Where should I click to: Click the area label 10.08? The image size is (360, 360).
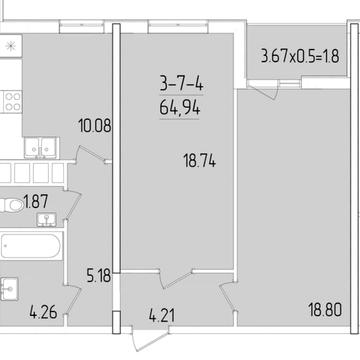(94, 126)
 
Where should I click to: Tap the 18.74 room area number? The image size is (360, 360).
(200, 162)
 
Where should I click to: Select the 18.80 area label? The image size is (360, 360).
(325, 311)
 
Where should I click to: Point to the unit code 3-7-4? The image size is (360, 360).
(181, 83)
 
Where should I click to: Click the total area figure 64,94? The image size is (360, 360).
(180, 107)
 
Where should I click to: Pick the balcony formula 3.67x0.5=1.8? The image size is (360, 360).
(300, 56)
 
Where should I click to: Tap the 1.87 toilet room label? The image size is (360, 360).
(36, 202)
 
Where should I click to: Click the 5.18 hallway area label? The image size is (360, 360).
(99, 276)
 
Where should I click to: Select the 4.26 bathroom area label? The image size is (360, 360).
(43, 313)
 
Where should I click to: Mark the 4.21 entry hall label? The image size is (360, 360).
(162, 316)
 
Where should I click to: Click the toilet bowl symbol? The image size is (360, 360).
(12, 205)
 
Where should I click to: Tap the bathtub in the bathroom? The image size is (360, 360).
(31, 246)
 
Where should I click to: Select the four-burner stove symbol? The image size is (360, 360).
(13, 102)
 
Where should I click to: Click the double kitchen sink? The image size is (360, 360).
(41, 148)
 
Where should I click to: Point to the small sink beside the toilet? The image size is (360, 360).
(46, 220)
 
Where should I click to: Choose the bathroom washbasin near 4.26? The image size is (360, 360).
(9, 289)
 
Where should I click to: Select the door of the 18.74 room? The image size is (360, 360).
(176, 279)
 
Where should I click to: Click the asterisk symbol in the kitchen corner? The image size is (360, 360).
(11, 46)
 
